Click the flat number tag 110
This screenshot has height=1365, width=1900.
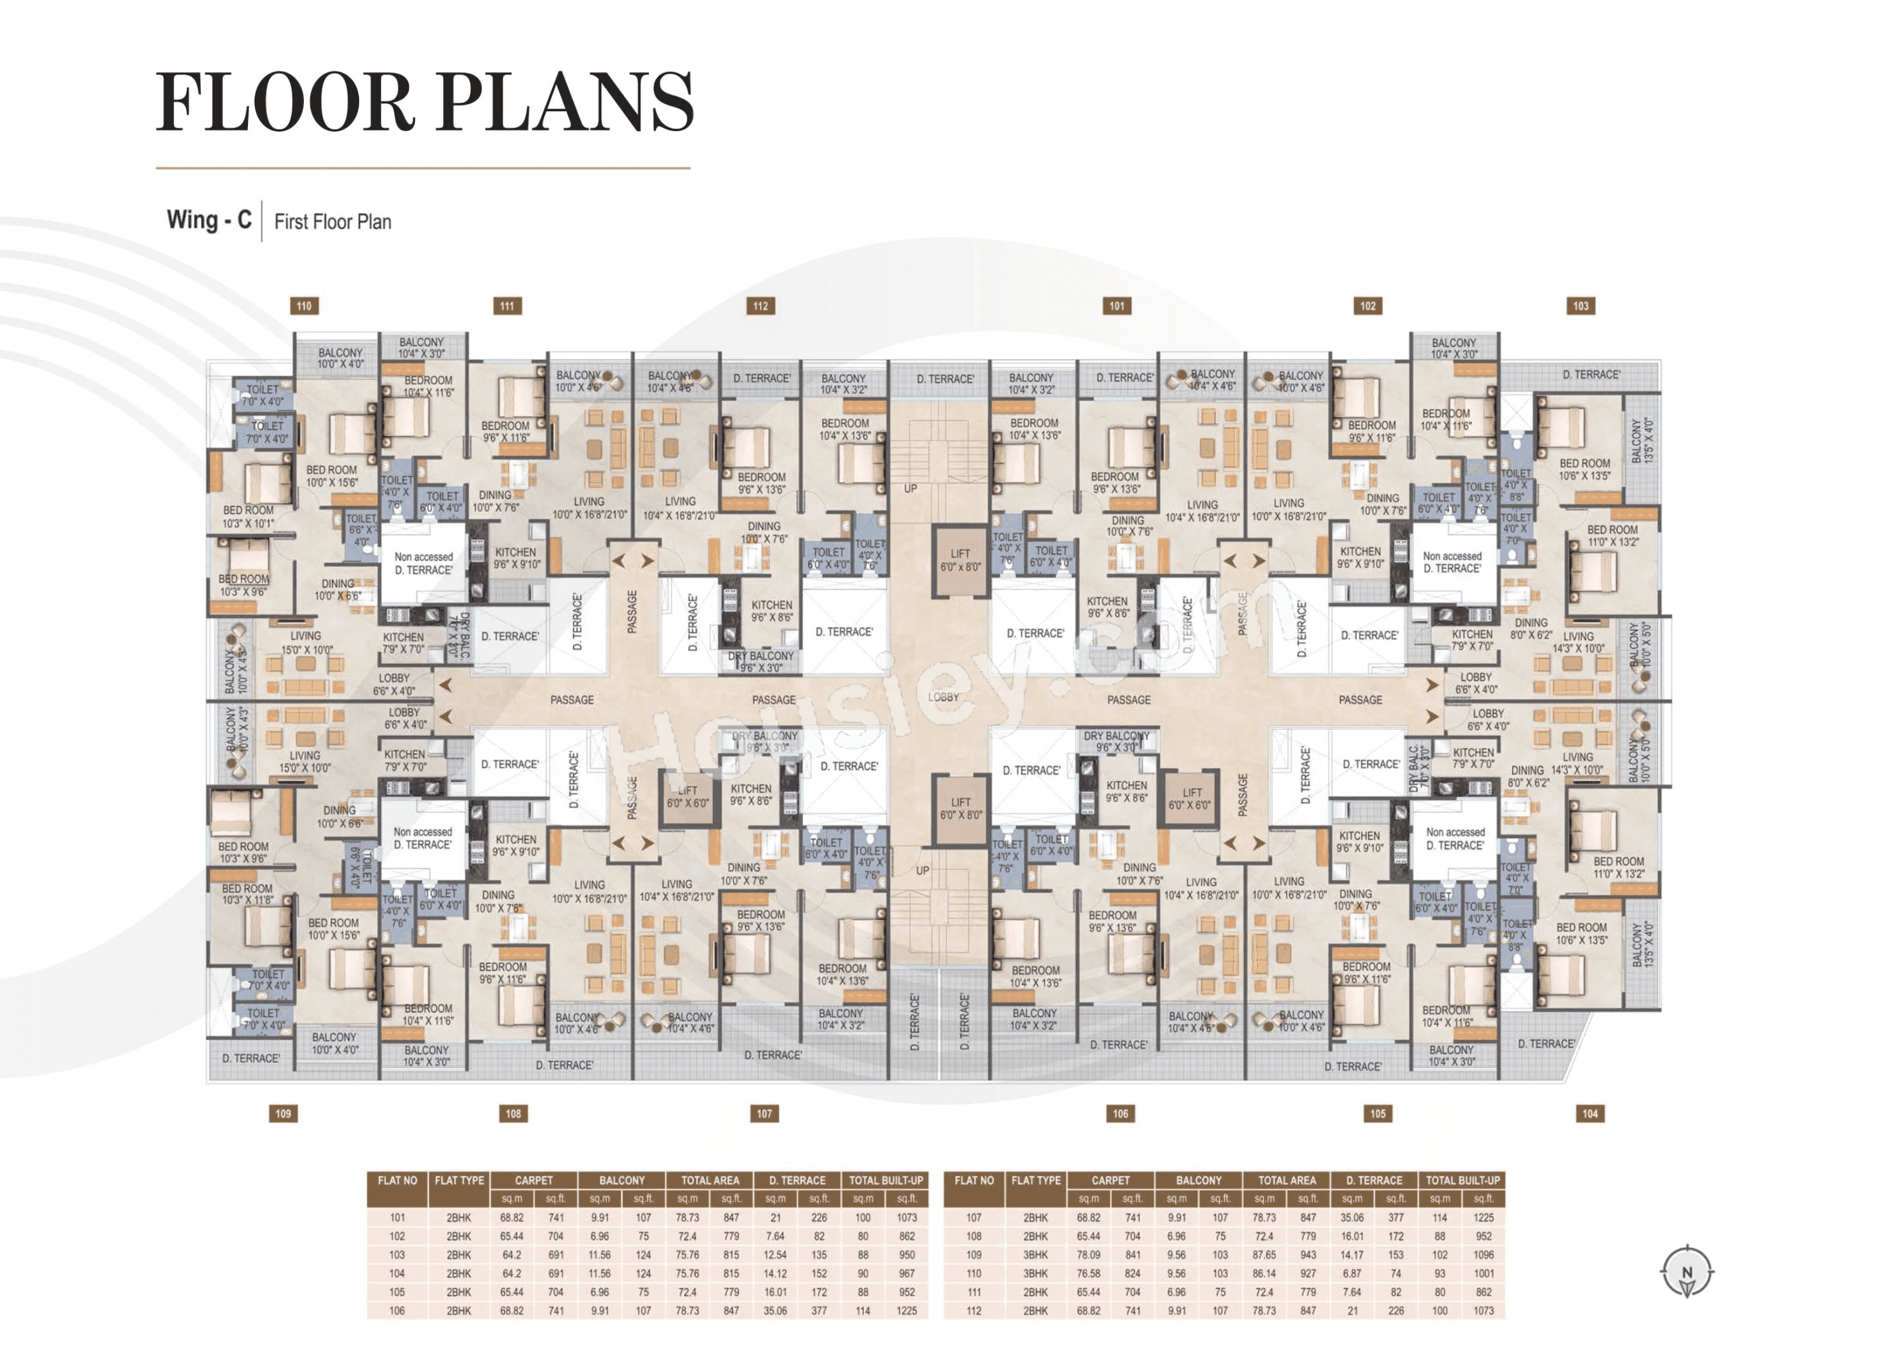click(304, 307)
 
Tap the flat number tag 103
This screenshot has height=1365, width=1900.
click(1580, 307)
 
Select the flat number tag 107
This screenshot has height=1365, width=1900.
click(764, 1114)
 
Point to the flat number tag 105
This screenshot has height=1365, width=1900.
click(1378, 1114)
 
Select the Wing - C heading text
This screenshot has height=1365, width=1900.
click(209, 220)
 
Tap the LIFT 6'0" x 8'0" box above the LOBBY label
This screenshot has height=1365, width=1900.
click(960, 560)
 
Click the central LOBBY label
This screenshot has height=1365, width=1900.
click(944, 697)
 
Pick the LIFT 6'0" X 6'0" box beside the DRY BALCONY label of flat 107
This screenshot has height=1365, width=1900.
click(688, 797)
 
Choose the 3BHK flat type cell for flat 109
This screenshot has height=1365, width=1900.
click(1035, 1255)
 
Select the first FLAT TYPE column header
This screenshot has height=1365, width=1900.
click(459, 1181)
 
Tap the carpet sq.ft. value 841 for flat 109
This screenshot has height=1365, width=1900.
click(1132, 1255)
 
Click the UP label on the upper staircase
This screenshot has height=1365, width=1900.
click(911, 488)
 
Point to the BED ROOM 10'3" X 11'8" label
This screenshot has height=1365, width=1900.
click(247, 894)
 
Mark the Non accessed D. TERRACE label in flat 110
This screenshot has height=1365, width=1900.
click(424, 563)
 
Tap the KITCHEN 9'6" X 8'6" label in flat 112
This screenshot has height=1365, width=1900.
click(771, 611)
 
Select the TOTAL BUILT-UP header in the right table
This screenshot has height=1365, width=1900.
click(1463, 1181)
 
